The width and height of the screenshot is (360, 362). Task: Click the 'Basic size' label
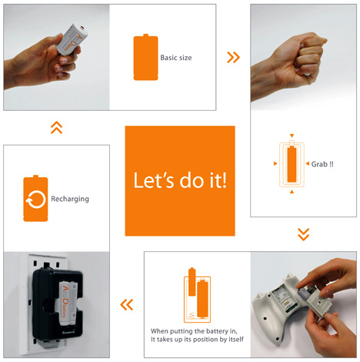(176, 58)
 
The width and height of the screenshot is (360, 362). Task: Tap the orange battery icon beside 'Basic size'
(145, 57)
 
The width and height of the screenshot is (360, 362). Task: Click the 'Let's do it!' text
(180, 180)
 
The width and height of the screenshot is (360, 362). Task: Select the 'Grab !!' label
(322, 164)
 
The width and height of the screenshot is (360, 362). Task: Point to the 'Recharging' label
(70, 199)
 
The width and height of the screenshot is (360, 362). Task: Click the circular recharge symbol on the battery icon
(35, 199)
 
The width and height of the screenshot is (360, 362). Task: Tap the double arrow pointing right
(233, 57)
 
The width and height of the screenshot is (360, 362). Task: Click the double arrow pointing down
(303, 234)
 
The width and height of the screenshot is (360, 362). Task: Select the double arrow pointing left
(127, 305)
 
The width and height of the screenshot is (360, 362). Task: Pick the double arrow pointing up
(57, 128)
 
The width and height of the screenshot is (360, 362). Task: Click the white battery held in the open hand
(72, 39)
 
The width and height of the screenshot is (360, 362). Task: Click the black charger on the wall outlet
(58, 303)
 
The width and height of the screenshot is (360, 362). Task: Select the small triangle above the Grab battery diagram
(292, 136)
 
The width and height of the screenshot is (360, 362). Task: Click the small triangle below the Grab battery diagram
(292, 192)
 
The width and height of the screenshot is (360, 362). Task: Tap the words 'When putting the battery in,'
(194, 331)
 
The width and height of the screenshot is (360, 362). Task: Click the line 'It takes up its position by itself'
(197, 340)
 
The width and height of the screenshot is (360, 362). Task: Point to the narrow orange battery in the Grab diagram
(292, 164)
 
